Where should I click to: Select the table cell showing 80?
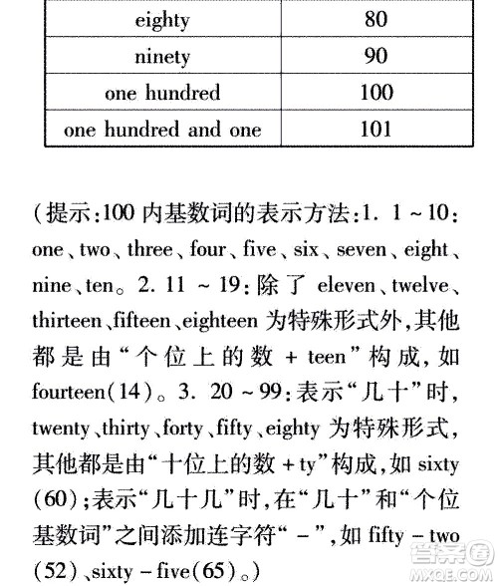point(375,19)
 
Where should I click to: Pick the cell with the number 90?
point(375,56)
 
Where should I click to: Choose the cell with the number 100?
point(375,93)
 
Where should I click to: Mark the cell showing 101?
point(375,130)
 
